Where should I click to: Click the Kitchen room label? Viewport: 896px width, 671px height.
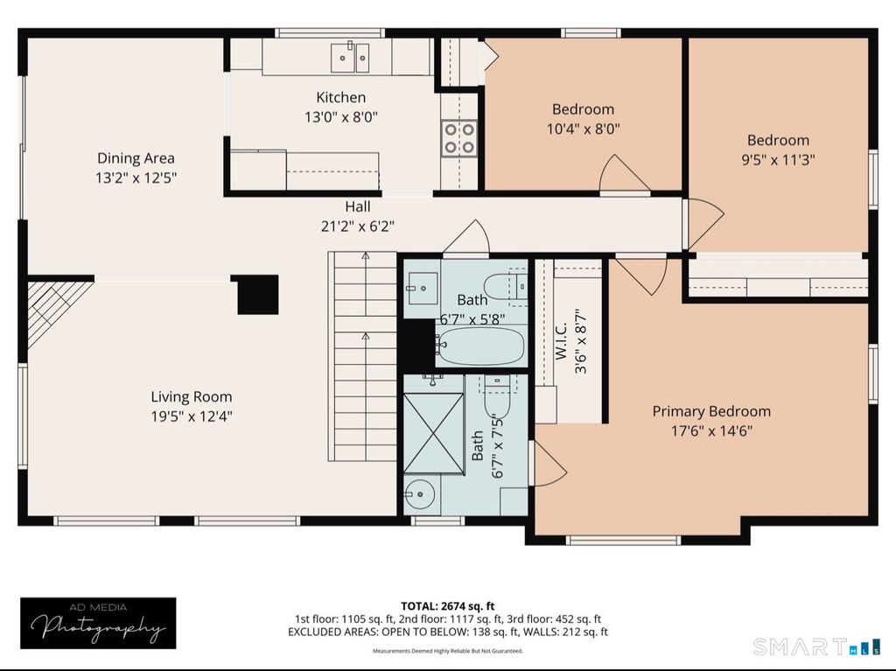341,97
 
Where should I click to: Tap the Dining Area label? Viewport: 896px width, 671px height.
136,157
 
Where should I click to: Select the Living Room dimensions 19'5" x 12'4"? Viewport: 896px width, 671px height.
192,416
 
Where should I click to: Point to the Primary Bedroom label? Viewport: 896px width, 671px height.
711,411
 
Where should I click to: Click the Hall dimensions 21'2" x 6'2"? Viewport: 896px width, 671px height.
358,227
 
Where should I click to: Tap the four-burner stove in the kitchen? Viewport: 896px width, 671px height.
458,137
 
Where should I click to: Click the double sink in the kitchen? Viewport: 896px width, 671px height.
350,57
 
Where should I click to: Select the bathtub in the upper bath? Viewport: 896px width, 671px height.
480,346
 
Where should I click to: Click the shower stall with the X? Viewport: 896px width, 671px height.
433,433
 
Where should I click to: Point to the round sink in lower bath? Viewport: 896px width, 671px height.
419,493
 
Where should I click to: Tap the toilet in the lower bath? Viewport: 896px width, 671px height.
497,397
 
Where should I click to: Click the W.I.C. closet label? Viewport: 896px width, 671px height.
561,340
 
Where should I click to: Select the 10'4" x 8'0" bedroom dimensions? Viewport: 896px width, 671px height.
584,129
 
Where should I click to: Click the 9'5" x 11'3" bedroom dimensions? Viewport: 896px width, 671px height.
778,159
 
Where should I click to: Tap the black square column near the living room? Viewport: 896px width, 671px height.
255,294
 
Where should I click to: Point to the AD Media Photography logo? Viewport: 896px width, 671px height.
98,623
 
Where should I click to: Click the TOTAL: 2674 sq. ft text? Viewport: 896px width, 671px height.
447,606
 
